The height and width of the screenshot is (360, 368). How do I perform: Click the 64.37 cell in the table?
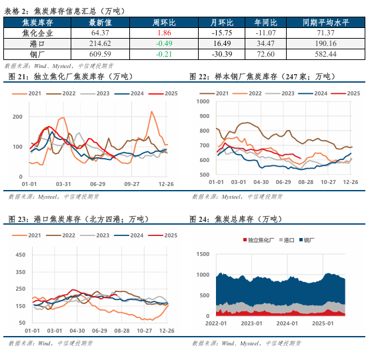point(101,32)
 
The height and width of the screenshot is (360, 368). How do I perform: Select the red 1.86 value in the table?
point(164,32)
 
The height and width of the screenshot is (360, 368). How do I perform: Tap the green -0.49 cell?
point(164,43)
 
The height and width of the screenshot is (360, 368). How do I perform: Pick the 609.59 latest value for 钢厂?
point(101,53)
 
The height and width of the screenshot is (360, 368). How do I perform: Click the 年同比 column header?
point(265,22)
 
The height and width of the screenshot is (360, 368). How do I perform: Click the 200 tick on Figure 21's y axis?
point(17,117)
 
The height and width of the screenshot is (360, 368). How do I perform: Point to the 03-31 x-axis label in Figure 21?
point(63,183)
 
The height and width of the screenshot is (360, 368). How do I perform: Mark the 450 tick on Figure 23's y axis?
point(19,255)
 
